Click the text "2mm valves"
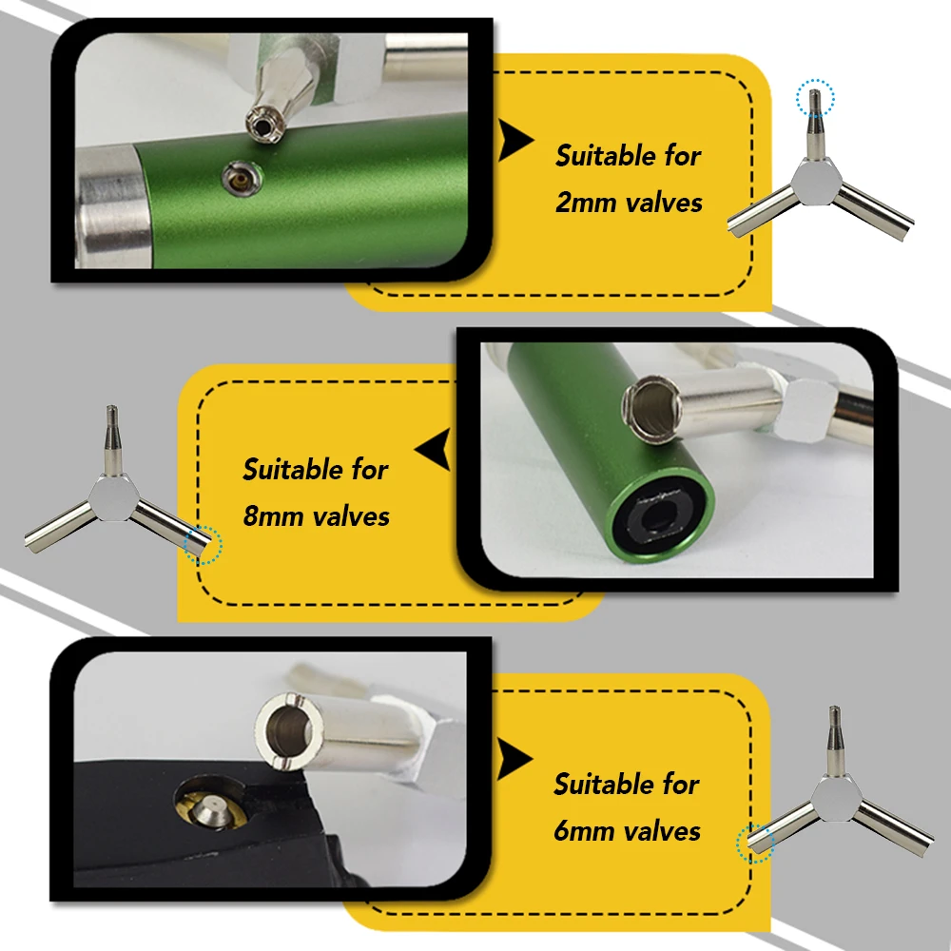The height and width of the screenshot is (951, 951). pyautogui.click(x=629, y=203)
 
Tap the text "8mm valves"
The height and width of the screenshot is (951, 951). pyautogui.click(x=317, y=516)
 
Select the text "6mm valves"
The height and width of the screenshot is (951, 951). pyautogui.click(x=627, y=830)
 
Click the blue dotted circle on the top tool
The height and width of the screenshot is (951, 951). pyautogui.click(x=814, y=96)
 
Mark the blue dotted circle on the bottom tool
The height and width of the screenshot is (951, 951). pyautogui.click(x=755, y=842)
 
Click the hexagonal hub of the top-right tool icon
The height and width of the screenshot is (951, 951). pyautogui.click(x=815, y=180)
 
